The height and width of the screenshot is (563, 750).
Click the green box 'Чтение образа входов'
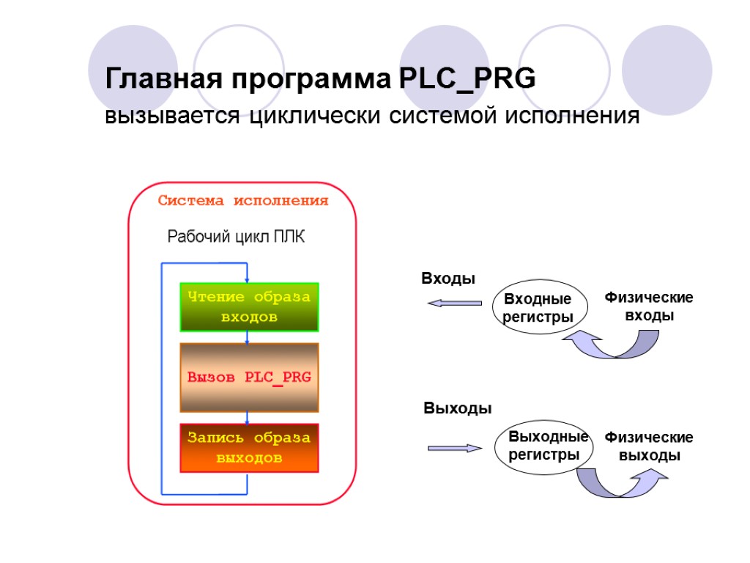[x=249, y=307]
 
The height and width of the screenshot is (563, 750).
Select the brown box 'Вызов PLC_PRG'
[x=249, y=377]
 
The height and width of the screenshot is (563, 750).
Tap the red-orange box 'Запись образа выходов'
[x=249, y=447]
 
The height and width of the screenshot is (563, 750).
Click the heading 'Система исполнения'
[x=244, y=201]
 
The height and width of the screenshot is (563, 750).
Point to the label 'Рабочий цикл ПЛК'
[x=237, y=237]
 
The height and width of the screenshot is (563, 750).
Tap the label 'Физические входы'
[x=648, y=306]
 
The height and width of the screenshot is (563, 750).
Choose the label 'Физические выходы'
[x=649, y=446]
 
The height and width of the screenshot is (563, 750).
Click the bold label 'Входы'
[x=448, y=279]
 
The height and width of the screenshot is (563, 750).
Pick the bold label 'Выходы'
[x=458, y=408]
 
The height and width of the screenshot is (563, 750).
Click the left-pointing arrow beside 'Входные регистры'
[x=454, y=303]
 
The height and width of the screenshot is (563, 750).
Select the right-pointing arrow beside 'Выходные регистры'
[x=454, y=447]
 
